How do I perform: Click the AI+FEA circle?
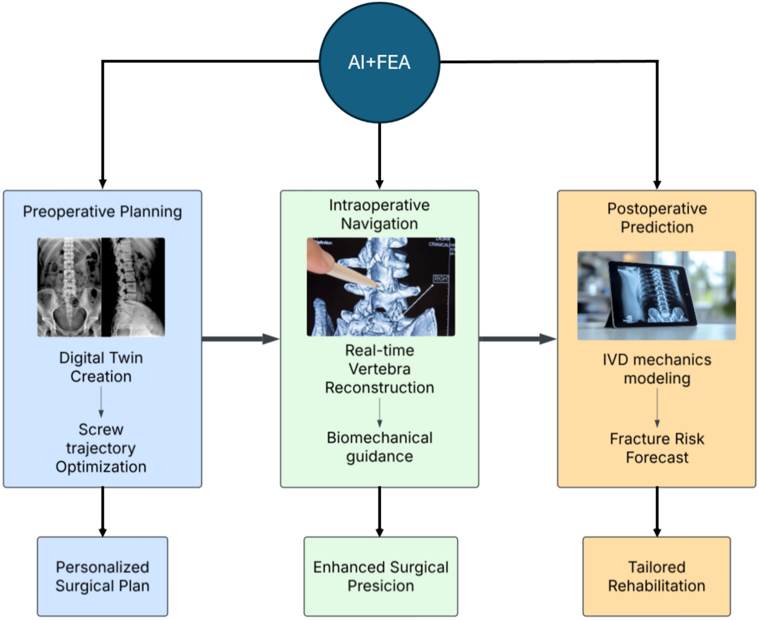click(379, 62)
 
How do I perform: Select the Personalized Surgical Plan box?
click(102, 576)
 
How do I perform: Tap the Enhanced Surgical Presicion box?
click(381, 576)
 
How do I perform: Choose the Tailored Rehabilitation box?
click(657, 576)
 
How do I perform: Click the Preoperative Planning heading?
click(102, 211)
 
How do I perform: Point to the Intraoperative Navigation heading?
click(379, 214)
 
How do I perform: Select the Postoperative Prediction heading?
click(657, 217)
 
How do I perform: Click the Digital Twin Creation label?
click(101, 367)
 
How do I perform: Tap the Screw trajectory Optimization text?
click(101, 448)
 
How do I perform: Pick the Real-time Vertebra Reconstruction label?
click(379, 369)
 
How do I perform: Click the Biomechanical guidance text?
click(379, 447)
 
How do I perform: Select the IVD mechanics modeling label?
click(657, 369)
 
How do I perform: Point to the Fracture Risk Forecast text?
click(657, 448)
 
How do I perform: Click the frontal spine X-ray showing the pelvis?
click(69, 287)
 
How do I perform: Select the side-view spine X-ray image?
click(133, 287)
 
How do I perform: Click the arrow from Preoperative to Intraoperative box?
click(241, 339)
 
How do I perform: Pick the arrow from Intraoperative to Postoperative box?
click(517, 339)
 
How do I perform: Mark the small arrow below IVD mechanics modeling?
click(657, 408)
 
